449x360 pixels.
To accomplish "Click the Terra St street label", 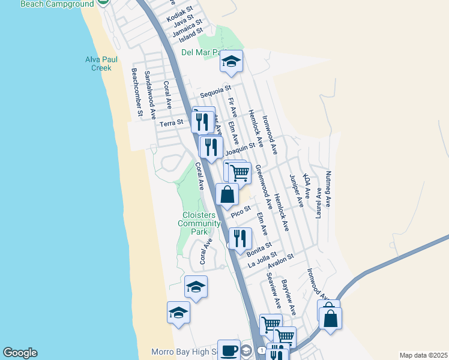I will click(171, 122).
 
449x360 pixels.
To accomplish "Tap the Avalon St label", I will click(280, 260).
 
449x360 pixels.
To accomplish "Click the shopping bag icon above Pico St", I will click(228, 194).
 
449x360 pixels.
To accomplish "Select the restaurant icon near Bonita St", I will click(240, 238).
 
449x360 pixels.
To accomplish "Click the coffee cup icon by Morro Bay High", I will click(228, 350).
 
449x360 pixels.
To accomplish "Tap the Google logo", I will click(20, 353).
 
